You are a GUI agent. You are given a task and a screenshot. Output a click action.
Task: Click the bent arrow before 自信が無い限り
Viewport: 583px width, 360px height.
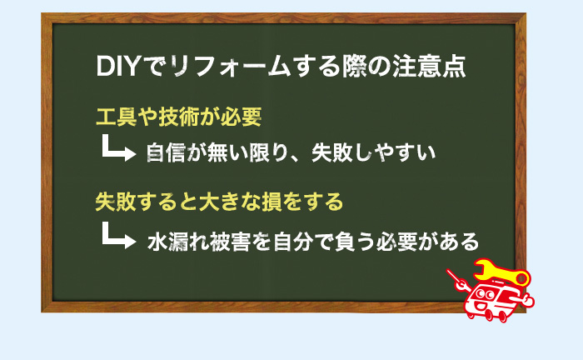[x=117, y=151]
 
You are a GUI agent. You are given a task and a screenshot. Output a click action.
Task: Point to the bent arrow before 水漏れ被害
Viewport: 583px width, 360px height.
[x=117, y=238]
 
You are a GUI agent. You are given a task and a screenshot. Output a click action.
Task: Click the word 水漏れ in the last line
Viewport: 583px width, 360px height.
[x=177, y=242]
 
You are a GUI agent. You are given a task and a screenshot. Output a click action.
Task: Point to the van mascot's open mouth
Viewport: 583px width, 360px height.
[x=482, y=307]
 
